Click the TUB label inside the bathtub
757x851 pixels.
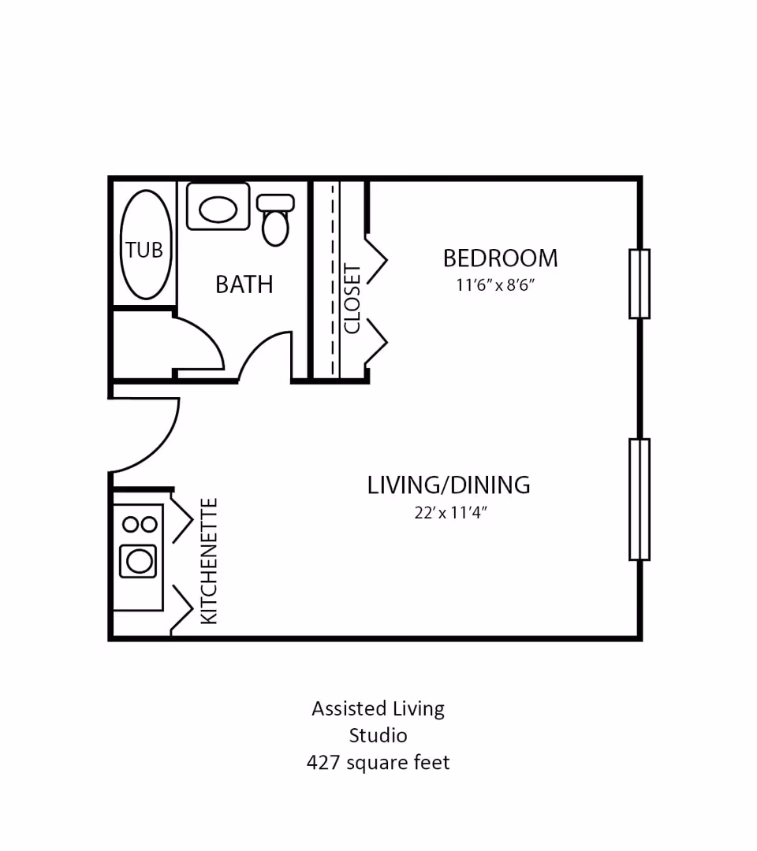pos(144,250)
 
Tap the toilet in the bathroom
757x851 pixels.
pos(275,220)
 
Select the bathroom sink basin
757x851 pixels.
pos(218,209)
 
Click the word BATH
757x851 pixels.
pos(244,284)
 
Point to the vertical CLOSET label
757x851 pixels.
pos(352,299)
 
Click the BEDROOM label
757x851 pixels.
pos(500,258)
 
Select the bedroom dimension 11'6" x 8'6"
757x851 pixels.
pos(495,285)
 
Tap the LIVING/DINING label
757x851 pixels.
pos(448,485)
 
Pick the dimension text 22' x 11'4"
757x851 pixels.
pos(451,513)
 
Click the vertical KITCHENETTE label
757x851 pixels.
pos(209,561)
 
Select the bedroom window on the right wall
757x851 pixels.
pos(639,284)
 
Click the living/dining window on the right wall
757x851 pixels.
pos(639,500)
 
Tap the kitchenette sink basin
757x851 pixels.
pos(138,561)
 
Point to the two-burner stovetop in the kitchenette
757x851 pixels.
pos(138,523)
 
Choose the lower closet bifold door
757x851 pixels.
pos(377,341)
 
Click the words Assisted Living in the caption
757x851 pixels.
pos(378,708)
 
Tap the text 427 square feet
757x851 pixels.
pos(378,763)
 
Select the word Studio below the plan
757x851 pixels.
pos(378,736)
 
